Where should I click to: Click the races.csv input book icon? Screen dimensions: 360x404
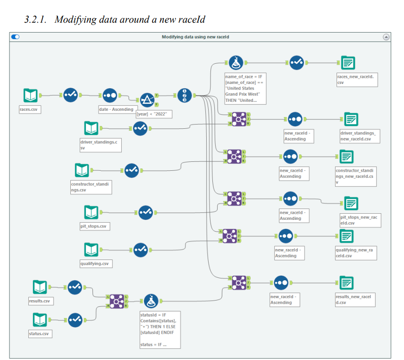point(31,95)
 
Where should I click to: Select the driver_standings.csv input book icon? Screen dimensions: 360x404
point(92,128)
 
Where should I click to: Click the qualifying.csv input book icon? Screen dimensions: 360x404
point(92,250)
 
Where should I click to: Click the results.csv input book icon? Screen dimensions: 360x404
point(40,287)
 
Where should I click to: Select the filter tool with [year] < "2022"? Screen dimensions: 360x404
point(147,100)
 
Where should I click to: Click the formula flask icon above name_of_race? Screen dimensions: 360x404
point(236,62)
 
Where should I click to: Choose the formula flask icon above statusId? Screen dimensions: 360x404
point(151,300)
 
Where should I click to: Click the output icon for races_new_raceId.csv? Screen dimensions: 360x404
point(348,62)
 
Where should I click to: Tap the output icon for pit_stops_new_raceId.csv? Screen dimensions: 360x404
point(350,203)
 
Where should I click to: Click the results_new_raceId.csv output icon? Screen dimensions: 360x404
point(346,283)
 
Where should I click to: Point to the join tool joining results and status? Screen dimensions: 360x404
point(117,301)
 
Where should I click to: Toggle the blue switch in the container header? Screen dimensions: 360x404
point(16,36)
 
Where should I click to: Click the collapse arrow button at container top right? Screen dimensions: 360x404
point(386,37)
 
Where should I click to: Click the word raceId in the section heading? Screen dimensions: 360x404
point(192,19)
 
